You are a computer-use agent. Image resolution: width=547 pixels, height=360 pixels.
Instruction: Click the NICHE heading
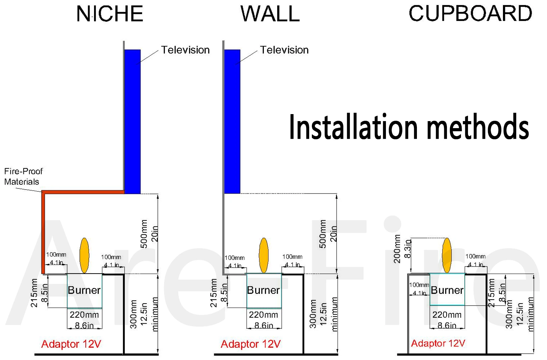pyautogui.click(x=110, y=14)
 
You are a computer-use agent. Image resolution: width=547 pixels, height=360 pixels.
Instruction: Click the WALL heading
pyautogui.click(x=270, y=14)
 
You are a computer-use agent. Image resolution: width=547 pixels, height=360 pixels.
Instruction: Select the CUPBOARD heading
pyautogui.click(x=470, y=14)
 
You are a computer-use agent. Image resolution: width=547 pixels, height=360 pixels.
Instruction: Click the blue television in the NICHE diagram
pyautogui.click(x=132, y=122)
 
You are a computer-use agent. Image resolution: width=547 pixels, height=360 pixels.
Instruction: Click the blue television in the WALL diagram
pyautogui.click(x=232, y=122)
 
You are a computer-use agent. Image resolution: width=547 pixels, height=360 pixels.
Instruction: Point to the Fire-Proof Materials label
pyautogui.click(x=23, y=176)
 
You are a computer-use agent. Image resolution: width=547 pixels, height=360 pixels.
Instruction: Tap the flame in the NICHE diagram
pyautogui.click(x=84, y=255)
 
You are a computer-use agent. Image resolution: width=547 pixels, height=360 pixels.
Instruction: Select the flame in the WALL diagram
pyautogui.click(x=264, y=255)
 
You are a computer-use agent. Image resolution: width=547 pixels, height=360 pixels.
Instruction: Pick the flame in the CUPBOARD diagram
pyautogui.click(x=447, y=255)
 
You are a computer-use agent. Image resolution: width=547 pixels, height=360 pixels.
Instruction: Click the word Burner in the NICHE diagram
pyautogui.click(x=84, y=290)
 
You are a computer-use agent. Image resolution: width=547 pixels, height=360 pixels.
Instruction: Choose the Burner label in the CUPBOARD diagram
pyautogui.click(x=447, y=290)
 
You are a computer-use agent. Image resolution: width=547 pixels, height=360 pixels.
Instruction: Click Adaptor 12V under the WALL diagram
pyautogui.click(x=250, y=344)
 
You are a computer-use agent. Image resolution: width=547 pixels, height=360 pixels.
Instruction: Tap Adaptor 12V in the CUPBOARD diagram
pyautogui.click(x=438, y=343)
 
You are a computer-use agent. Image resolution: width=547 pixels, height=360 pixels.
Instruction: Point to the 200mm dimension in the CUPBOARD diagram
pyautogui.click(x=397, y=249)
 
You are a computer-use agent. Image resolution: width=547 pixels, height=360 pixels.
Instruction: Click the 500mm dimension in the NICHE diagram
pyautogui.click(x=144, y=234)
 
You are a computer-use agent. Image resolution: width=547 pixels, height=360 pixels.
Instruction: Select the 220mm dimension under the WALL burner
pyautogui.click(x=263, y=315)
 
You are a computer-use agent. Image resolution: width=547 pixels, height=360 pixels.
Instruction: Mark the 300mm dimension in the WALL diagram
pyautogui.click(x=313, y=314)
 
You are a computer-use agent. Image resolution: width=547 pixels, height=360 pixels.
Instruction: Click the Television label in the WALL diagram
pyautogui.click(x=284, y=50)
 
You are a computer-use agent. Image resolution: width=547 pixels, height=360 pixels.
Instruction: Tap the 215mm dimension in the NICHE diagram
pyautogui.click(x=34, y=293)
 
